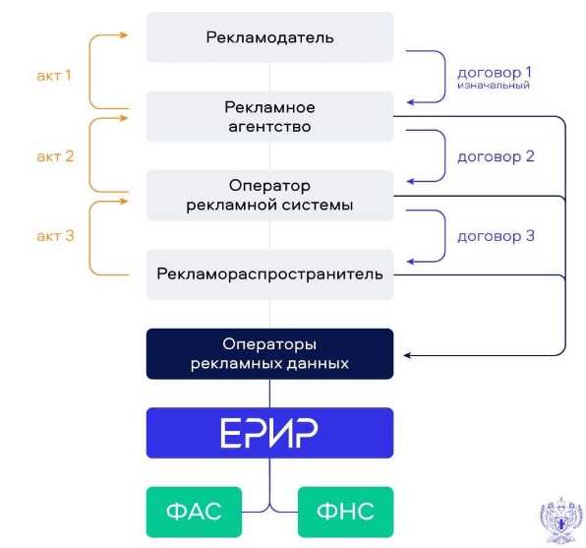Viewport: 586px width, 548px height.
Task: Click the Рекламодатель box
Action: pyautogui.click(x=269, y=37)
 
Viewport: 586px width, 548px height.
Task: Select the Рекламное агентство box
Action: pyautogui.click(x=269, y=116)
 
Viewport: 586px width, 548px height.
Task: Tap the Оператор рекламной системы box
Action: pyautogui.click(x=269, y=195)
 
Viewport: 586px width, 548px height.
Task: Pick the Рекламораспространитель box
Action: pyautogui.click(x=269, y=274)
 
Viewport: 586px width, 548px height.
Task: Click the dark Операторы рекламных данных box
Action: pyautogui.click(x=269, y=354)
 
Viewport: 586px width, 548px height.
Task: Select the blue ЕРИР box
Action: pyautogui.click(x=269, y=433)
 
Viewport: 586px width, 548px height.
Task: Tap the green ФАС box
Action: pyautogui.click(x=194, y=512)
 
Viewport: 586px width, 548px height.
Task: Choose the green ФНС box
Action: pyautogui.click(x=345, y=512)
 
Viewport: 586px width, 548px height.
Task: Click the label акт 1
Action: pyautogui.click(x=54, y=75)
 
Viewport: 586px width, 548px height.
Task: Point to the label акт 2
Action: pyautogui.click(x=55, y=156)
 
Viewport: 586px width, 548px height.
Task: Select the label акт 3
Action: pyautogui.click(x=55, y=236)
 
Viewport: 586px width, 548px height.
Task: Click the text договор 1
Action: pyautogui.click(x=494, y=72)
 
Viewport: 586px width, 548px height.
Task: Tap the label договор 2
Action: pyautogui.click(x=496, y=156)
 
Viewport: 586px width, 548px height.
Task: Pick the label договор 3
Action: pyautogui.click(x=496, y=236)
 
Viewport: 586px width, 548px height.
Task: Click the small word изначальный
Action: pyautogui.click(x=494, y=86)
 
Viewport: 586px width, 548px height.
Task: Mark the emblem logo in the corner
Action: pyautogui.click(x=560, y=520)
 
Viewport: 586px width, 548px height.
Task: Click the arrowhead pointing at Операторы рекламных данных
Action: pyautogui.click(x=407, y=355)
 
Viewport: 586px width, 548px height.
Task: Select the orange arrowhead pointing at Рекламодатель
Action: pyautogui.click(x=123, y=35)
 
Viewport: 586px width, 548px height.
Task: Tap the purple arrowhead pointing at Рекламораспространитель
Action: pyautogui.click(x=411, y=262)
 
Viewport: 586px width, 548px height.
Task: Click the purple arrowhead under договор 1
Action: pyautogui.click(x=411, y=102)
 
